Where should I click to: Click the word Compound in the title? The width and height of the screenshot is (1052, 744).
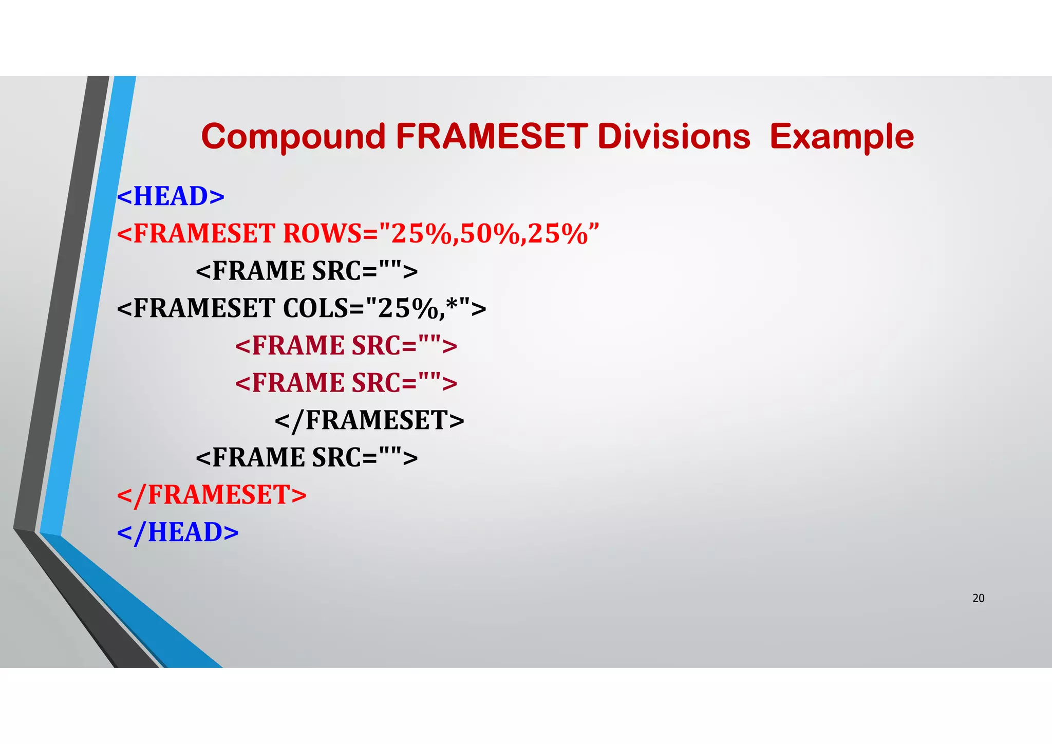click(293, 137)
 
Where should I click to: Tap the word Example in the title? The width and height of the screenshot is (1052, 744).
click(841, 137)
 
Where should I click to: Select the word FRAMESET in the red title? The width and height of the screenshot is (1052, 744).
click(491, 137)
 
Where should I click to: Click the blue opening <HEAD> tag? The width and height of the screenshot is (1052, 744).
click(171, 196)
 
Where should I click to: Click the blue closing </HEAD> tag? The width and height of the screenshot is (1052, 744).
click(178, 532)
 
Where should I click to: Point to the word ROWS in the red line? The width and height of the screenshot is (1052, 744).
click(323, 234)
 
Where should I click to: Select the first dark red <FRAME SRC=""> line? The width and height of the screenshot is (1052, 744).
click(346, 345)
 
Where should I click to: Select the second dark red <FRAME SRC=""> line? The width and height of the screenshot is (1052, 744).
click(346, 383)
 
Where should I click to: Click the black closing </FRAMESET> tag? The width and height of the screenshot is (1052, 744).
click(369, 420)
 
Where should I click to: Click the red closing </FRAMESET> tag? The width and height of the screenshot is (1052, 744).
click(212, 495)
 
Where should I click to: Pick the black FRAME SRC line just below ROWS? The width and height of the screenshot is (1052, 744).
click(307, 271)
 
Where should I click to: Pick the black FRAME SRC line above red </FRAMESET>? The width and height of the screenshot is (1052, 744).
click(307, 457)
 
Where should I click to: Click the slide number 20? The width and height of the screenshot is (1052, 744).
click(978, 598)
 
